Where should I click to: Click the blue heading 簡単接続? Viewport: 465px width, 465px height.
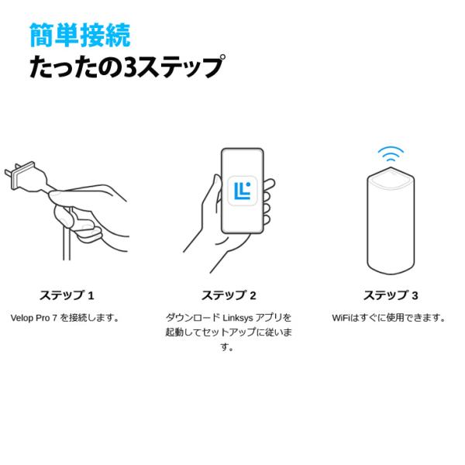pos(79,34)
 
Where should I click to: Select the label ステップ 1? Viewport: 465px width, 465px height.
pos(67,295)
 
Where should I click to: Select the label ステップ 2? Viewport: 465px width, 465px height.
pos(229,295)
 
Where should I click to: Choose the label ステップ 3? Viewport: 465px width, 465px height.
pos(391,295)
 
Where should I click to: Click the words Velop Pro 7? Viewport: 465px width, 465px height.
pos(34,318)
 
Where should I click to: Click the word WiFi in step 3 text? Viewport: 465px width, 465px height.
pos(342,318)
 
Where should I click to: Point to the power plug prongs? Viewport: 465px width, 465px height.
pos(17,173)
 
